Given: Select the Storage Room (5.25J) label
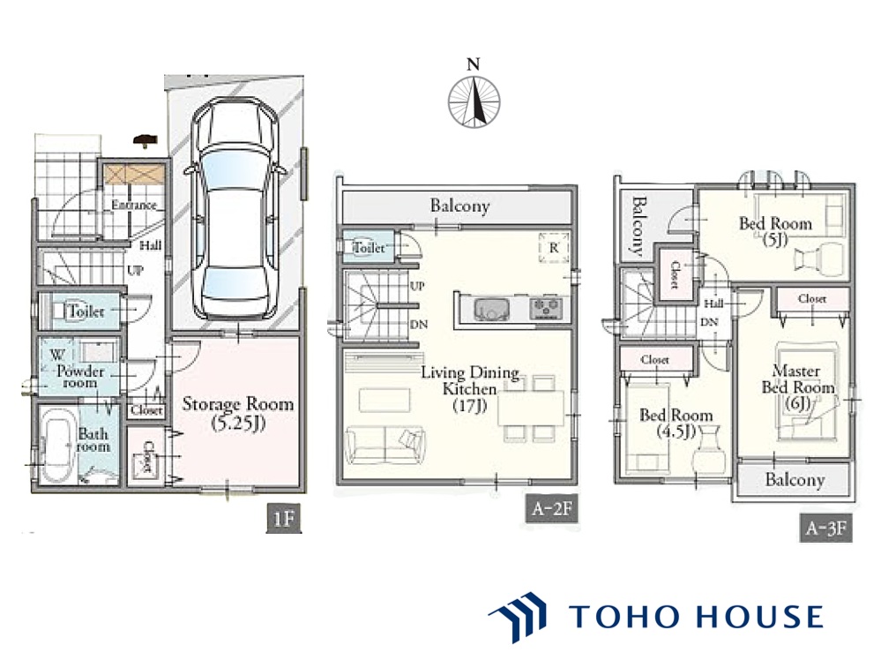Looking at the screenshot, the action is [238, 413].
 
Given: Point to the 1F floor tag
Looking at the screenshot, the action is [284, 517].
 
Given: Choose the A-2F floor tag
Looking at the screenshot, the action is [552, 509].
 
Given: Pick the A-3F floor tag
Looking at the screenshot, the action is [826, 528].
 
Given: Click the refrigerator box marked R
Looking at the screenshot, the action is [554, 248].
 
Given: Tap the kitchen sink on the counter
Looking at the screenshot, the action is [491, 309].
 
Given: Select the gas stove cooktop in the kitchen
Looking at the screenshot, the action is [546, 309].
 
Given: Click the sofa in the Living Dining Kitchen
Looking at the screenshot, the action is [385, 445].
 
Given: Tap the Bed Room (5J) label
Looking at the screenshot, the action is [775, 231].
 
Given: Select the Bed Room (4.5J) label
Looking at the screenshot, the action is [676, 423].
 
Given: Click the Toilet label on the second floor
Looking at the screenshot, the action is [369, 247].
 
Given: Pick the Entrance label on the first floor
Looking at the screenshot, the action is [134, 205].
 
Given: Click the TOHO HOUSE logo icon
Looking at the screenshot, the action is [517, 617].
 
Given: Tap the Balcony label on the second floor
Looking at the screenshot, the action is [459, 206].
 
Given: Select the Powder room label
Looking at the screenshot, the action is [80, 377].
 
